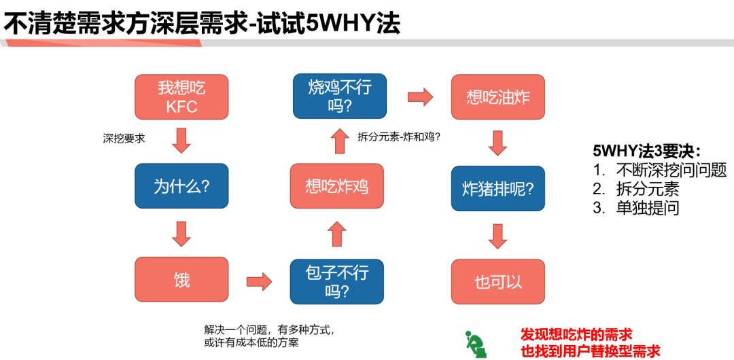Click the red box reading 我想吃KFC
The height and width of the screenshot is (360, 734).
click(181, 97)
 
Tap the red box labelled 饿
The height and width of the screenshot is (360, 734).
click(181, 279)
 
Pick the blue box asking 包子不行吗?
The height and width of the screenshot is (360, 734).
click(337, 281)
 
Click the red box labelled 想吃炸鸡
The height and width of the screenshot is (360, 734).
click(337, 185)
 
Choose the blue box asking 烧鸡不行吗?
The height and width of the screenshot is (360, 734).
click(337, 96)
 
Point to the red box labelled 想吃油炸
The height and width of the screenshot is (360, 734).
click(498, 97)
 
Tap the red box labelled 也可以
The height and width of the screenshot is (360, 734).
click(498, 281)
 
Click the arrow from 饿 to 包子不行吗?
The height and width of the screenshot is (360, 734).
click(259, 281)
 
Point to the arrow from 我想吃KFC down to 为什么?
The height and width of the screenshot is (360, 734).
click(181, 140)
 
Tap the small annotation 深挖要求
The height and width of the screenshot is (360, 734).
click(124, 139)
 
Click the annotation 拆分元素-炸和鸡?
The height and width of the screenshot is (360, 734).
click(400, 137)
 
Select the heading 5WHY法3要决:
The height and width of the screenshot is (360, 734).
click(646, 151)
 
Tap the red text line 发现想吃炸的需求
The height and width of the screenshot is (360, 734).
click(576, 334)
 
